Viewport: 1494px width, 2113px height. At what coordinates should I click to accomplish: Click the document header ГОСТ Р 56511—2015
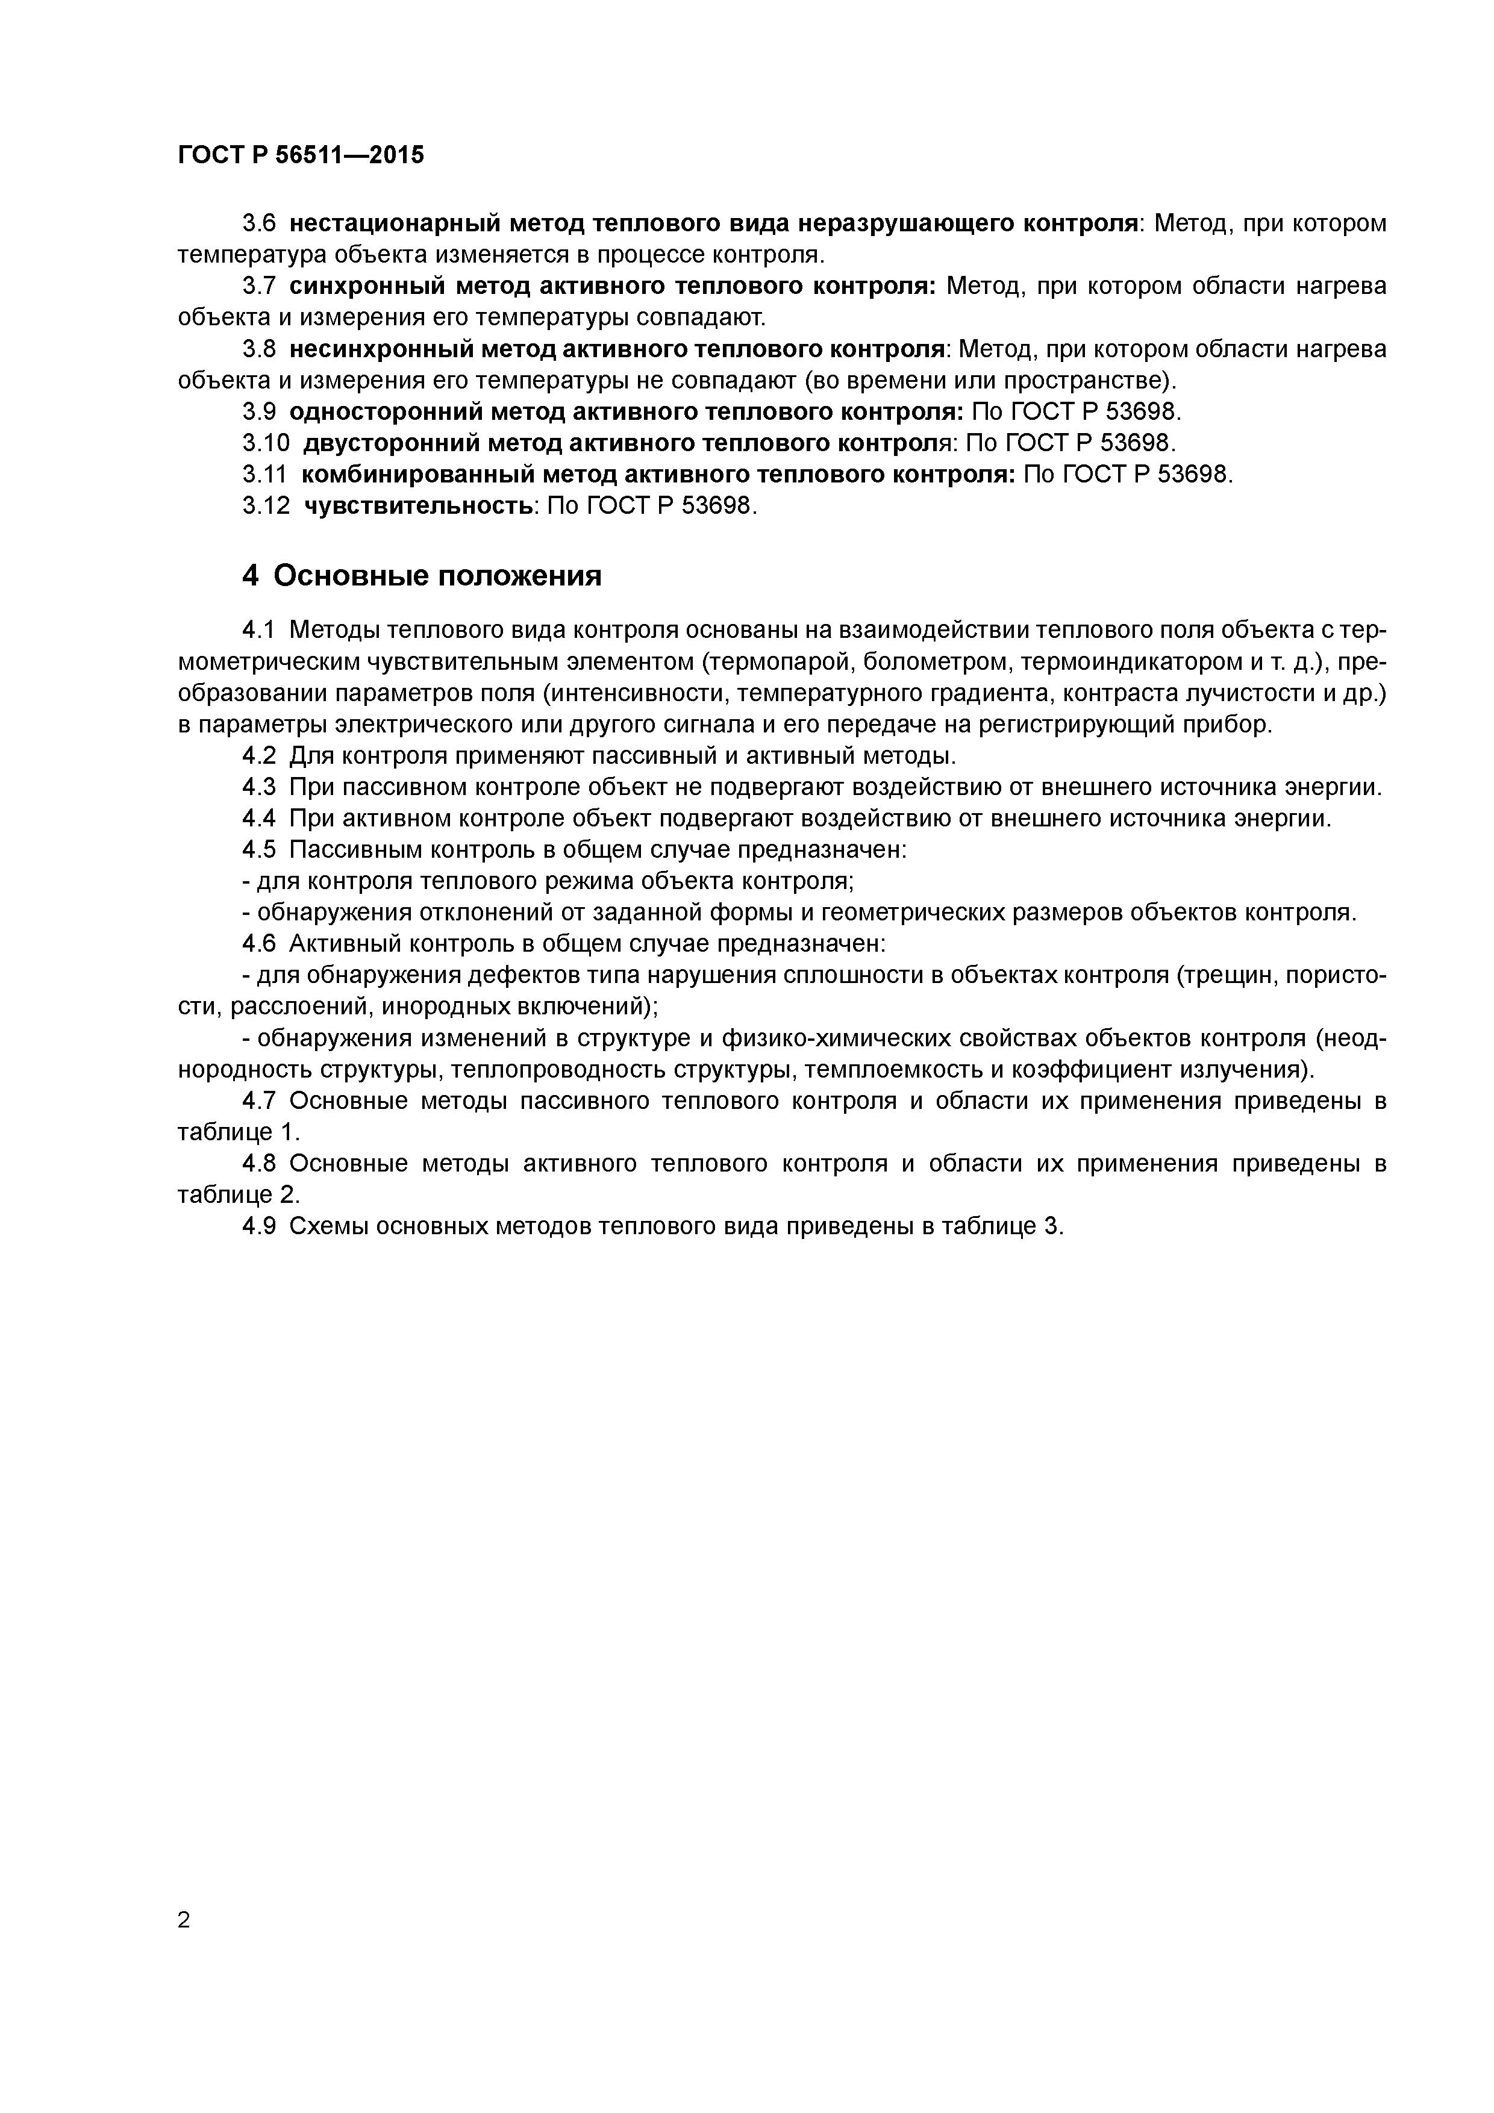[x=301, y=155]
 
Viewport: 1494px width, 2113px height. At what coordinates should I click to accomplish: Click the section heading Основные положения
[x=437, y=576]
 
